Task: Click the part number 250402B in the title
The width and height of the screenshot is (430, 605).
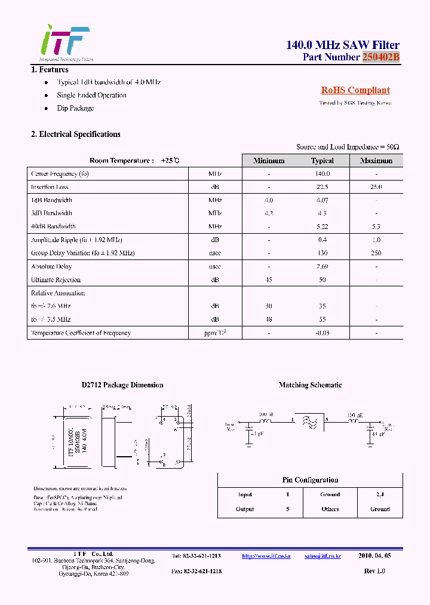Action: [x=380, y=57]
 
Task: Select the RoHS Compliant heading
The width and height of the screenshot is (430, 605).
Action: [x=355, y=90]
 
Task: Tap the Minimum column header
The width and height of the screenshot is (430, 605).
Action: [x=269, y=161]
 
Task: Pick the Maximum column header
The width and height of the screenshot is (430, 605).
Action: [x=376, y=161]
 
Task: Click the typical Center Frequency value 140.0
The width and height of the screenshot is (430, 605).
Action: [x=322, y=174]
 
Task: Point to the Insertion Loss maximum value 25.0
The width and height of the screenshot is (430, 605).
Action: [x=376, y=187]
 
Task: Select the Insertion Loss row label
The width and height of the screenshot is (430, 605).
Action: [x=50, y=187]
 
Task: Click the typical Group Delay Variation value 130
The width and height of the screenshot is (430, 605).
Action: [x=322, y=253]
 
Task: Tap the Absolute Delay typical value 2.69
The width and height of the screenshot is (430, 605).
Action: [x=322, y=267]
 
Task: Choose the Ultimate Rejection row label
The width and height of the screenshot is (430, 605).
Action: [x=56, y=280]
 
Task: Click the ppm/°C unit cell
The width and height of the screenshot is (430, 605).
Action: [x=215, y=333]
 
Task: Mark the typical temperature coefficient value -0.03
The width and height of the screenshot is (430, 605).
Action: [x=322, y=333]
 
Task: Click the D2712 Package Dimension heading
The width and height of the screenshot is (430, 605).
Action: [x=122, y=385]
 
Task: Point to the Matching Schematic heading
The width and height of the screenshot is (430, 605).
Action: [x=310, y=385]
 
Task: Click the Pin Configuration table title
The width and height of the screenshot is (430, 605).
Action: [x=310, y=480]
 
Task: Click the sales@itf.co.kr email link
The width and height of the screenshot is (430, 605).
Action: [x=322, y=556]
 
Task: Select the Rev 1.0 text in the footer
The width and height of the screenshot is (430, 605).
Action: [x=374, y=572]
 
